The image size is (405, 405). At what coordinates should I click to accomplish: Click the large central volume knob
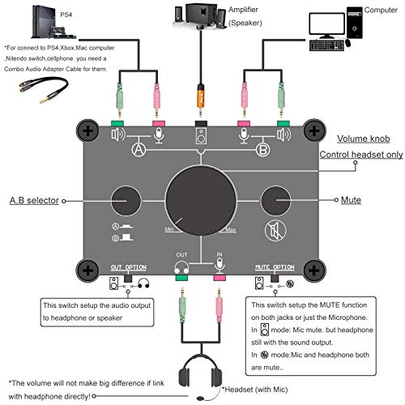click(x=202, y=197)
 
